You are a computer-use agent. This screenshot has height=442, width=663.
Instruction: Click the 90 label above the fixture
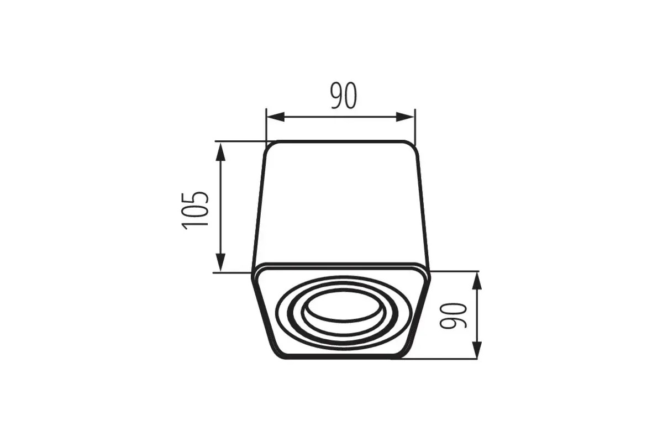[x=344, y=96]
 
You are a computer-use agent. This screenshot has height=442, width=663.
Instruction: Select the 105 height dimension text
[x=195, y=211]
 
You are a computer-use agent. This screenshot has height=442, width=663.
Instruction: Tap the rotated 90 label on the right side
[x=453, y=315]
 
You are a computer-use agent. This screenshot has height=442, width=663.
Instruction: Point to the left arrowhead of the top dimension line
[x=275, y=117]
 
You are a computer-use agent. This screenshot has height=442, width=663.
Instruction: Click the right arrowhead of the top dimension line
[x=406, y=117]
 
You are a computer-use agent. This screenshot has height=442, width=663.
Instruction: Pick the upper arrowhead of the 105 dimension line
[x=220, y=151]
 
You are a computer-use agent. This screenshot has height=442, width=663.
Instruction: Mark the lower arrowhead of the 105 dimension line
[x=220, y=262]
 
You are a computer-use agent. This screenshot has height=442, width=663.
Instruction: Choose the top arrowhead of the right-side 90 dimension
[x=476, y=280]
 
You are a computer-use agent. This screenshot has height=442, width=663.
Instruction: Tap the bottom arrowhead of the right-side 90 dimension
[x=476, y=350]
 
